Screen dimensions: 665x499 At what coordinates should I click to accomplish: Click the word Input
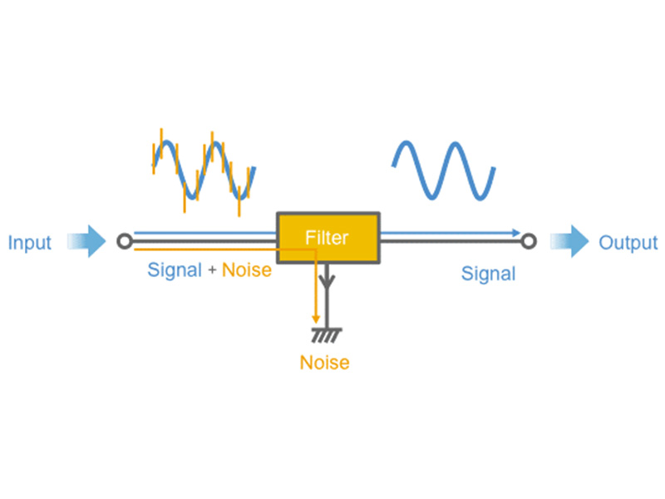pos(30,243)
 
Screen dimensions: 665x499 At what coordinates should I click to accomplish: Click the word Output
pos(628,243)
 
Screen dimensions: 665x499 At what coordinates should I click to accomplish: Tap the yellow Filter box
pos(328,238)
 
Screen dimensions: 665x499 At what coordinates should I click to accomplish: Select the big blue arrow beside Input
pos(86,241)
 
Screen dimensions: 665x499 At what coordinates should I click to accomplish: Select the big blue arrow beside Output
pos(569,241)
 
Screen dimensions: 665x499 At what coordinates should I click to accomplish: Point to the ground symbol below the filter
pos(327,335)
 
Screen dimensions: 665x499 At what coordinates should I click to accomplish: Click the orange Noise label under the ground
pos(324,363)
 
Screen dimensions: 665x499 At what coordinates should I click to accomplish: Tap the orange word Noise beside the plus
pos(247,269)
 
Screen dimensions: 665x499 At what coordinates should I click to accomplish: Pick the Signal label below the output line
pos(488,274)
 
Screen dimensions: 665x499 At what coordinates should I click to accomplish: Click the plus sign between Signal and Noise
pos(212,269)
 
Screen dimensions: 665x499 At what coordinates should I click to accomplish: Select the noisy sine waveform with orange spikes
pos(204,171)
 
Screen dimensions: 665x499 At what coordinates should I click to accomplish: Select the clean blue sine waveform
pos(443,170)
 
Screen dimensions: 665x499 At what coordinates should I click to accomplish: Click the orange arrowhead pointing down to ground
pos(316,319)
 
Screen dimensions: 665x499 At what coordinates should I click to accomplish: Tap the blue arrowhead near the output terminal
pos(516,233)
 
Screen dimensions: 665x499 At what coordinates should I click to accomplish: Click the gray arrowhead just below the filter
pos(327,281)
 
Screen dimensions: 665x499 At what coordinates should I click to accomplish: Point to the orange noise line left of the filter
pos(205,249)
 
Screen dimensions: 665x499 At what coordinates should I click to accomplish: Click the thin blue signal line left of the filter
pos(205,233)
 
